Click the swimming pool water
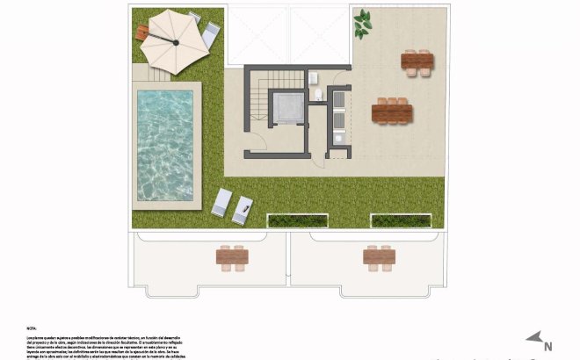[165, 145]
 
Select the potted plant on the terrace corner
[362, 25]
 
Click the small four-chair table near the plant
[417, 61]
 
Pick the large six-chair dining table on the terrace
[391, 112]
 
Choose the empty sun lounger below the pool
[221, 203]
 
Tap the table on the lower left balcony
[233, 257]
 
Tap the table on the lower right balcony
[379, 256]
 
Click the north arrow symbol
[533, 337]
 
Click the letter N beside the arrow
[547, 346]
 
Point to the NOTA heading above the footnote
[33, 327]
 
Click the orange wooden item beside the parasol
[145, 32]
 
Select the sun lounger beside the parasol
[210, 33]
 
